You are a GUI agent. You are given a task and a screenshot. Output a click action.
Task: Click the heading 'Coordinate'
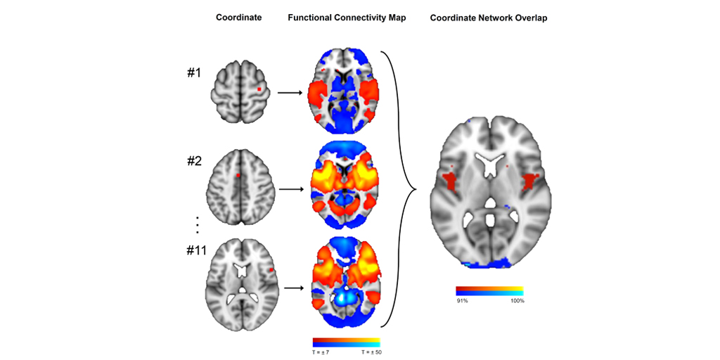pos(238,18)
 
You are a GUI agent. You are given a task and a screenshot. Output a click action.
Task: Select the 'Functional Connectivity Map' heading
pos(347,18)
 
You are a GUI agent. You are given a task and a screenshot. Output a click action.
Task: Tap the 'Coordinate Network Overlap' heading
pos(489,18)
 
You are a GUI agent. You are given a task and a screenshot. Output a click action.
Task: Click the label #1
pos(194,72)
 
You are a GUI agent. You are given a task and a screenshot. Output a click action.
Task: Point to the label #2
pos(194,161)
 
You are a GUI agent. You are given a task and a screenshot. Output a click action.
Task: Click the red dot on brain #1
pos(259,89)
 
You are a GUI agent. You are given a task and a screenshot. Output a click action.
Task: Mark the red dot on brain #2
pos(238,175)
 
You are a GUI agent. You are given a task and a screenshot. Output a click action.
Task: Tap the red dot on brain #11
pos(271,269)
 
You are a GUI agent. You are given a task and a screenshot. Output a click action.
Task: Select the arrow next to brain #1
pos(291,91)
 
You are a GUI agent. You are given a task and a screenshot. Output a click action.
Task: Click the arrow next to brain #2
pos(291,189)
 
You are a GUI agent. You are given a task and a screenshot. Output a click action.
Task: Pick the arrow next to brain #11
pos(291,287)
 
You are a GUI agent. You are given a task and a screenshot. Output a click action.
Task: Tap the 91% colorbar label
pos(462,300)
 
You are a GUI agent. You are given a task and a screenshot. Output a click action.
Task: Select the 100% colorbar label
pos(517,300)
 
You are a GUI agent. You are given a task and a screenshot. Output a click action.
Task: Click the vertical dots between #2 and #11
pos(198,224)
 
